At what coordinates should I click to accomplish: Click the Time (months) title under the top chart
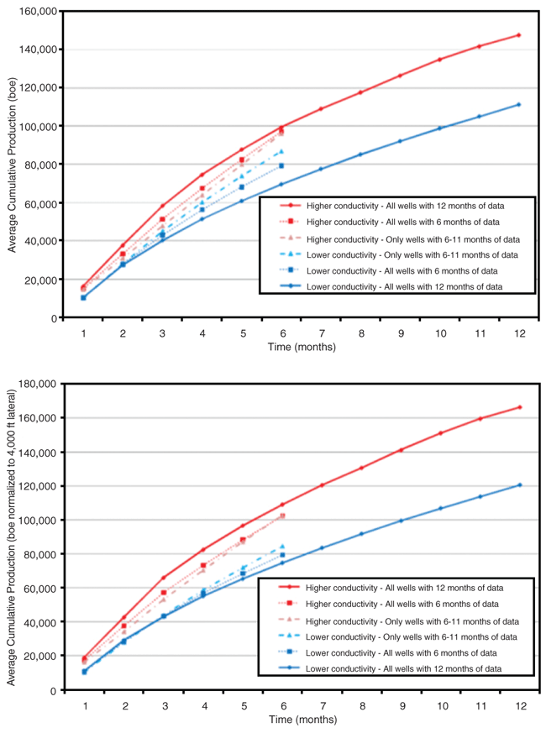(x=302, y=347)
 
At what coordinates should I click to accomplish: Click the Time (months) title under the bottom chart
(x=302, y=720)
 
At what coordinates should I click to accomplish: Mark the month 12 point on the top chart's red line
(x=518, y=35)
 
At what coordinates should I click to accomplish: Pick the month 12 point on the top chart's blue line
(x=518, y=105)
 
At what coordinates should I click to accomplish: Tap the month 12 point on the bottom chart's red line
(x=518, y=407)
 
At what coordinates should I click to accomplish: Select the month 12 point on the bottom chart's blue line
(x=518, y=484)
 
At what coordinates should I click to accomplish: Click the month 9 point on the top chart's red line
(x=400, y=76)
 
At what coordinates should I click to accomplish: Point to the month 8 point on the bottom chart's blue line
(x=360, y=534)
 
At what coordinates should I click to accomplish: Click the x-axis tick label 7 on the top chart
(x=321, y=332)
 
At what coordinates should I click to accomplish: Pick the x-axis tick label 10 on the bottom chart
(x=439, y=705)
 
